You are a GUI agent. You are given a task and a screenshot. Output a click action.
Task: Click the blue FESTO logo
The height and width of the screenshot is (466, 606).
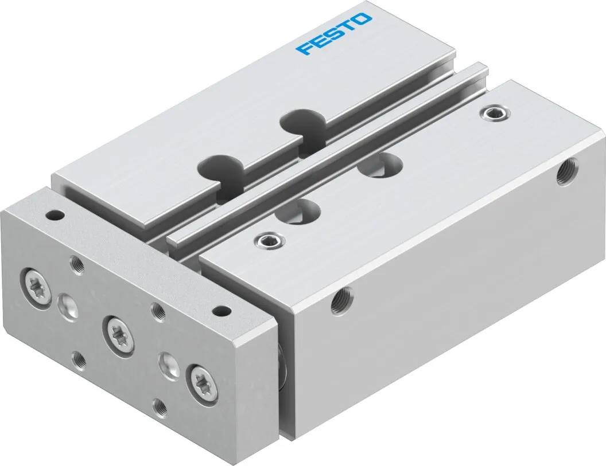tap(333, 34)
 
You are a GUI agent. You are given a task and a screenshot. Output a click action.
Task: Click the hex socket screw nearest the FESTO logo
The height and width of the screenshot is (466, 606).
tap(495, 113)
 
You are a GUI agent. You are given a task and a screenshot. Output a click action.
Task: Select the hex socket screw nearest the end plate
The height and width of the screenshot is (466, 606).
tap(270, 241)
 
